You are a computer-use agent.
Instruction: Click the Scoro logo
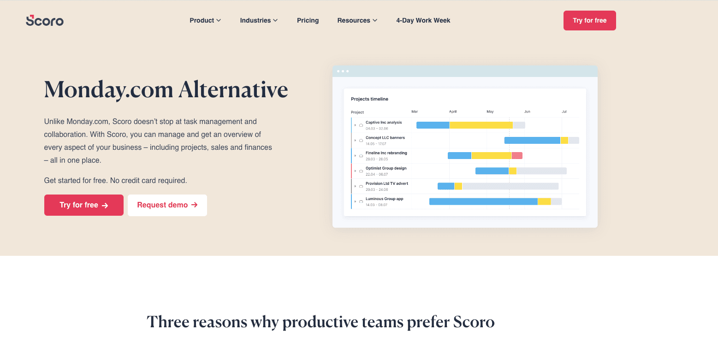point(45,20)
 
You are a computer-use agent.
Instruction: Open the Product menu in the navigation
point(205,20)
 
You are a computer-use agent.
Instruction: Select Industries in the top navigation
point(259,20)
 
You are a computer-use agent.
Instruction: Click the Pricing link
point(308,20)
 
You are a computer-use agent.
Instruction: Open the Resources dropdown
point(357,20)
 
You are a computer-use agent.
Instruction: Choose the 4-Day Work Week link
point(423,20)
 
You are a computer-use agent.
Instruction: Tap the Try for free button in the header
point(589,20)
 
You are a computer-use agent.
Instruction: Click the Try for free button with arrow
point(83,205)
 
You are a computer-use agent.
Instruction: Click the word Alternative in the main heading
point(233,89)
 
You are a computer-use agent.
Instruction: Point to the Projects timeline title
point(369,99)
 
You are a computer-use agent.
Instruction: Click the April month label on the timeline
point(453,112)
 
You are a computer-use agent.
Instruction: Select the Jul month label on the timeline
point(564,112)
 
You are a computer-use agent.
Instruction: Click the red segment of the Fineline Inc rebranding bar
point(517,156)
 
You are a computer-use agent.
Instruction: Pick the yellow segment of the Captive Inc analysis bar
point(481,125)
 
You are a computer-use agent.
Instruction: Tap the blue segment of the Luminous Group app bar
point(483,201)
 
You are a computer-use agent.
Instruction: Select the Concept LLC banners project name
point(385,138)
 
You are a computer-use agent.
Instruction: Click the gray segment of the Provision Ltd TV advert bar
point(510,186)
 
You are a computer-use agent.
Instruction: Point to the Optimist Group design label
point(386,168)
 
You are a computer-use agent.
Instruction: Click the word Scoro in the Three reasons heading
point(474,322)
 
